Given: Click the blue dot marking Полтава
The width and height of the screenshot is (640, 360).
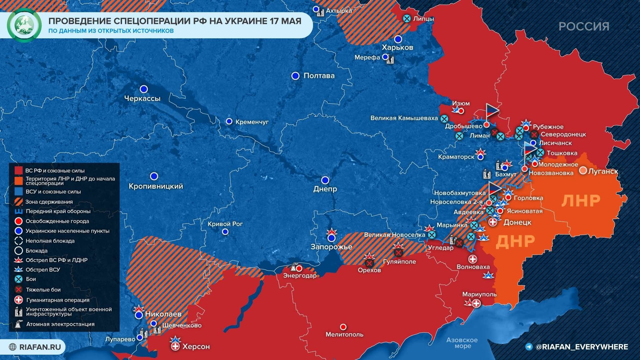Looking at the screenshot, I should pos(295,76).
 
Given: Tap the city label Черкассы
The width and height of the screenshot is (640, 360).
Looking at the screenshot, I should pos(142,99).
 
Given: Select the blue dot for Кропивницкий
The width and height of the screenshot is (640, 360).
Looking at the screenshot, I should pos(154,176).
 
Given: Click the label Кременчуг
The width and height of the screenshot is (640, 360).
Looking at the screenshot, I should pos(252,122).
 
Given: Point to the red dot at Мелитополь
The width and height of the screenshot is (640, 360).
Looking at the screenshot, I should pos(343,327).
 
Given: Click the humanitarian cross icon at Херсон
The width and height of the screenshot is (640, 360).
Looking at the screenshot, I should pos(175,347).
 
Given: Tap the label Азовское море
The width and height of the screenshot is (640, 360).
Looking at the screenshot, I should pos(462,343).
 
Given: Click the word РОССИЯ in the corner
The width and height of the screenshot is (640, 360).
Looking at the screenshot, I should pos(584,27).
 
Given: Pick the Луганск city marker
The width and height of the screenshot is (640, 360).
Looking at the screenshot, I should pos(583,171).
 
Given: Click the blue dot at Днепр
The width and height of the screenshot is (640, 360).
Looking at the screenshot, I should pos(325,180).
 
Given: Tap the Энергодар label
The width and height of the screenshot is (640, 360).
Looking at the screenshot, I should pos(300,276).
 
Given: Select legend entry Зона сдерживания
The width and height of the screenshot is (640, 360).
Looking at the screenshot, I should pos(49,202).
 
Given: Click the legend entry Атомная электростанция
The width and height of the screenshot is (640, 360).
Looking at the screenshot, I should pos(60,324).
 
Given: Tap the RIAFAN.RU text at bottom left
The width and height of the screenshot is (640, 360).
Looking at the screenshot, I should pos(40,347).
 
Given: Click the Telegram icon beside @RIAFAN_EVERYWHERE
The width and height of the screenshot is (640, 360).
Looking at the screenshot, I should pos(529,347).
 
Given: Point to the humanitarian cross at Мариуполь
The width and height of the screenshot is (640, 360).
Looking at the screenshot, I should pos(476,303).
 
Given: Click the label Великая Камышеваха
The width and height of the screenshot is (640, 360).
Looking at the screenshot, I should pos(404,118).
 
